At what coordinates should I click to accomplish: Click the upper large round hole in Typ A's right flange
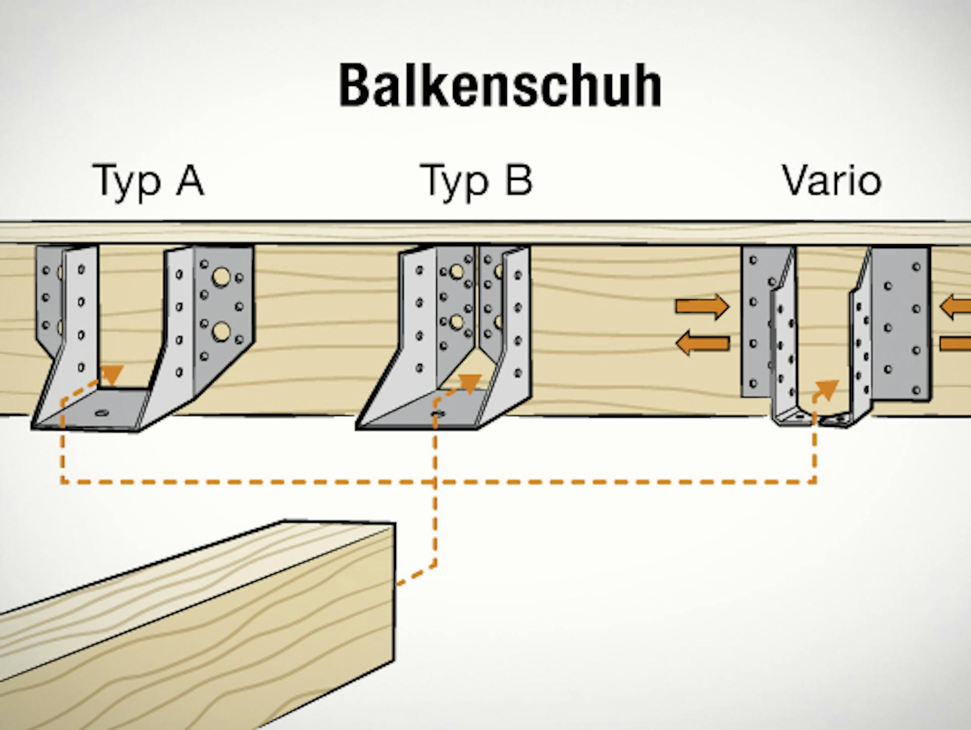[221, 277]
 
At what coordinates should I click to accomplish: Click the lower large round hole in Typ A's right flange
[221, 332]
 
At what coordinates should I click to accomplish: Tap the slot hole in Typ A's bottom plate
[102, 413]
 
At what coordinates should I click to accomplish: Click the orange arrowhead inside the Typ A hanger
[112, 374]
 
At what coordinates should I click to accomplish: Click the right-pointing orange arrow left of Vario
[702, 306]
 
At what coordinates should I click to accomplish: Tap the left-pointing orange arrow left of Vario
[702, 343]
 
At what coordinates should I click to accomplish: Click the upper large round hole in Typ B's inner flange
[457, 271]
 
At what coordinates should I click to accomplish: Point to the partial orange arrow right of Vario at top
[956, 306]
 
